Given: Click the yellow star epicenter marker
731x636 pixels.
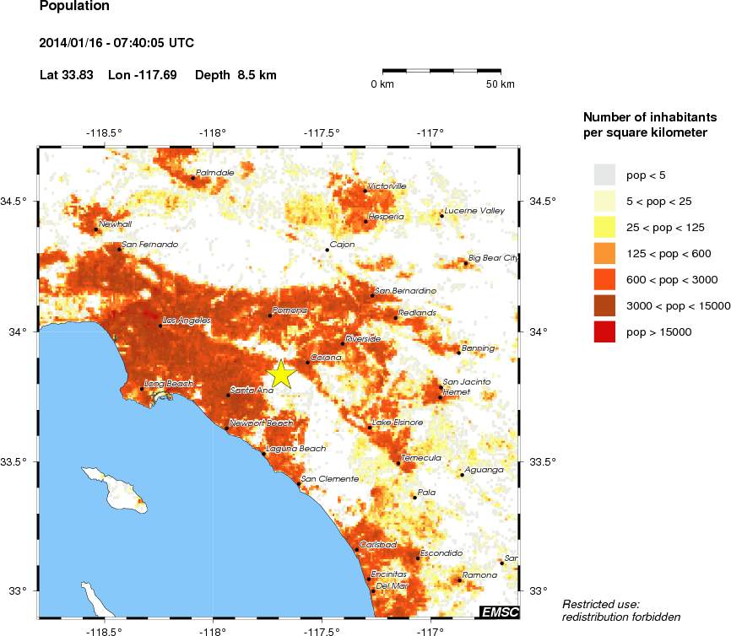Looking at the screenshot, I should [x=281, y=374].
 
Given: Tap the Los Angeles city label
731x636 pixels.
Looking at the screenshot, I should [x=187, y=321].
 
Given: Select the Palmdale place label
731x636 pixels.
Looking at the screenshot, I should [x=214, y=173].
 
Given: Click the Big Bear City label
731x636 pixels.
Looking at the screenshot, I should [x=494, y=259].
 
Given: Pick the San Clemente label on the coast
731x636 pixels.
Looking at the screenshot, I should [x=330, y=479].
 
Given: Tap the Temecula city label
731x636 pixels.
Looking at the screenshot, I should [x=421, y=457].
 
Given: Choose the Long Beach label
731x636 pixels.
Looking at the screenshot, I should [x=170, y=384].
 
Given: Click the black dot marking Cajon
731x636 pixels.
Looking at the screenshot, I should [x=327, y=250].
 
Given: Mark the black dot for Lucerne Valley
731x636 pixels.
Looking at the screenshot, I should [x=441, y=216].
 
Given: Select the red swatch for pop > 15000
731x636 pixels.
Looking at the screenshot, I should [x=604, y=332].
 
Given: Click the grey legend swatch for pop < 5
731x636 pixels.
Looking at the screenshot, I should [x=604, y=175].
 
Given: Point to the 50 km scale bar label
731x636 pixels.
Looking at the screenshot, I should [x=501, y=84].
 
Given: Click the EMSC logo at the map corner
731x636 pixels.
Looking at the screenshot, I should [x=499, y=612].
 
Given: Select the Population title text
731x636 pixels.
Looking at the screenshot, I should [x=74, y=7].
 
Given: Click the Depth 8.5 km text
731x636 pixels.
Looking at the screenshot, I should [x=236, y=75].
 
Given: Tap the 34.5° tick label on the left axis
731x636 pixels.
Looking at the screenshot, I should [x=18, y=201].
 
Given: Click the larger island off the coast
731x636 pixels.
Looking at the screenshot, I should [x=115, y=489].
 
